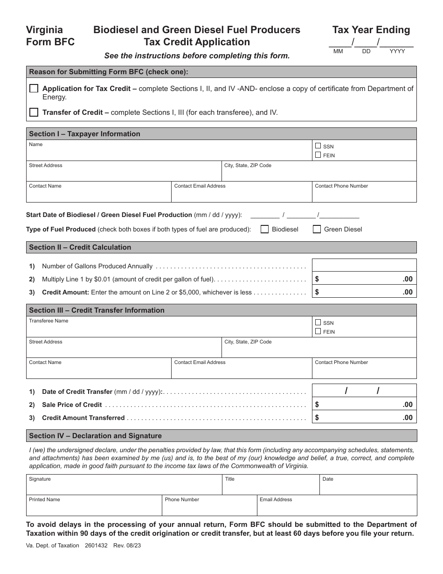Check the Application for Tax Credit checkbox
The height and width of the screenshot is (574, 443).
(x=34, y=89)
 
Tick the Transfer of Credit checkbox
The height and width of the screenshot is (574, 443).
(x=34, y=112)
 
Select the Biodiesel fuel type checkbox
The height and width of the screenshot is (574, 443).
(x=264, y=229)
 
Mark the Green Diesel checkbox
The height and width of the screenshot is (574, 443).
(x=317, y=229)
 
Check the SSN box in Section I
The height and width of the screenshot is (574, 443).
(x=318, y=146)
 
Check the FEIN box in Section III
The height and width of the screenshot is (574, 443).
(x=318, y=331)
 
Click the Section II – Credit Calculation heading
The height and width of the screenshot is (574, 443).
(x=80, y=247)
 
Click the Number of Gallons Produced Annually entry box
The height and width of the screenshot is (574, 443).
(x=364, y=266)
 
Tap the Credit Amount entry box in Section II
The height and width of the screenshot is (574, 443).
(x=364, y=292)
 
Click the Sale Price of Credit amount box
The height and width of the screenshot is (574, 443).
(x=364, y=405)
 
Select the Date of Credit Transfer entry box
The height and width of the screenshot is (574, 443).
(x=364, y=391)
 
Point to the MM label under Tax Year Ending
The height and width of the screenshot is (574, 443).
(x=338, y=51)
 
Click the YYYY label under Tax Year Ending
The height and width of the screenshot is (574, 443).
(x=397, y=51)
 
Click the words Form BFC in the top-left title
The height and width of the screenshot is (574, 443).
(x=50, y=42)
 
